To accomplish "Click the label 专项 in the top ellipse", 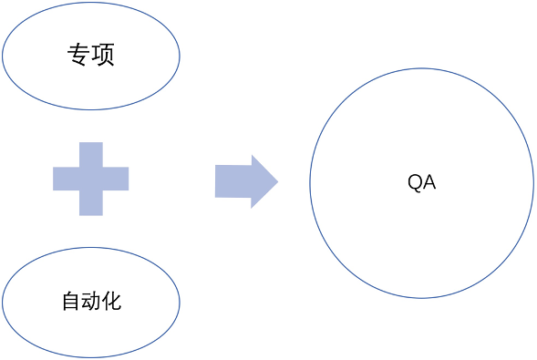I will click(x=90, y=56).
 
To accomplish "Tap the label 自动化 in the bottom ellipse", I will click(x=90, y=302).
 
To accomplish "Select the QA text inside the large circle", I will click(x=421, y=182).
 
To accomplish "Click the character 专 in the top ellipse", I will click(x=78, y=56).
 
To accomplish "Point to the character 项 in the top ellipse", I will click(x=103, y=56).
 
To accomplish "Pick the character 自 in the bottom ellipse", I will click(x=70, y=302).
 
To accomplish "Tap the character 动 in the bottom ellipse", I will click(x=90, y=302).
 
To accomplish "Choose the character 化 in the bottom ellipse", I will click(x=111, y=302).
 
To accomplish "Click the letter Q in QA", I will click(x=415, y=182).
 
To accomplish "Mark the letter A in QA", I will click(x=429, y=182).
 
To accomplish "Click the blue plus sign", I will click(x=90, y=179).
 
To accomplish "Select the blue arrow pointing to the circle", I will click(x=245, y=180).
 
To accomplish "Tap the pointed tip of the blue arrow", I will click(x=274, y=180).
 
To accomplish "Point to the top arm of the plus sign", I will click(x=90, y=153).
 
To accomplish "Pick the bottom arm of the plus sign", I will click(x=90, y=204).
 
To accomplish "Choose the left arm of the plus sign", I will click(x=65, y=179).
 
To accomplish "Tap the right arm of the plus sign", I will click(x=117, y=179).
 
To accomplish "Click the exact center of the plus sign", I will click(x=90, y=179).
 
